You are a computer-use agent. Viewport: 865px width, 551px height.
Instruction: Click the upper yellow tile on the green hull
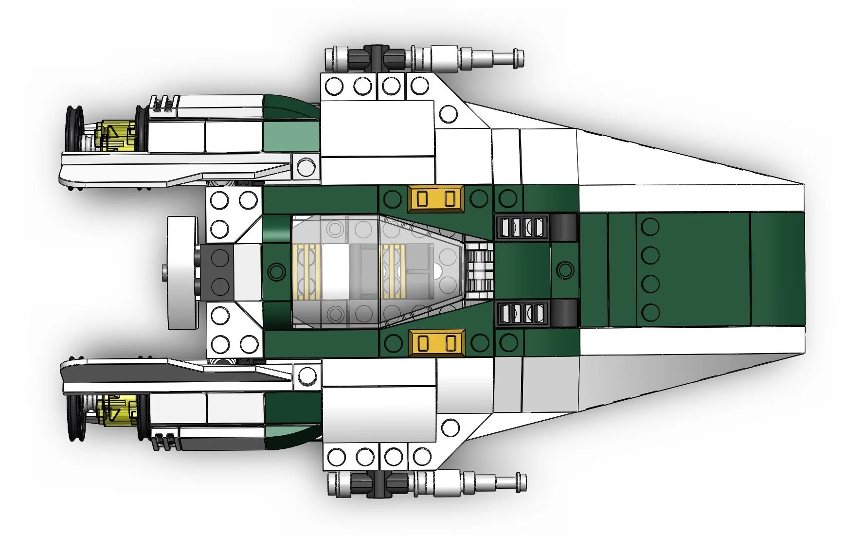[x=436, y=199]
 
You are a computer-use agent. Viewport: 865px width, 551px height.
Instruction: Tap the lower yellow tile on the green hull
[x=436, y=342]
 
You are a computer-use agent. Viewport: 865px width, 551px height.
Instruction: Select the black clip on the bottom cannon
[x=378, y=483]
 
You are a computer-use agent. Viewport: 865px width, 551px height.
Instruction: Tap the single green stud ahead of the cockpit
[x=565, y=270]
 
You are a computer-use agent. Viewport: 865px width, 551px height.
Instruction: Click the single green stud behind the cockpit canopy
[x=276, y=270]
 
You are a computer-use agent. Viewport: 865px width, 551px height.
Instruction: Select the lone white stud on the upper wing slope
[x=448, y=114]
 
